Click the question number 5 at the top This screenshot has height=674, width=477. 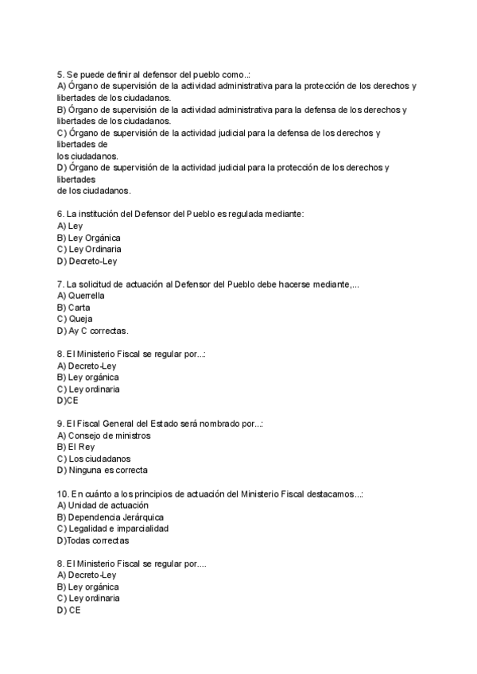pyautogui.click(x=60, y=74)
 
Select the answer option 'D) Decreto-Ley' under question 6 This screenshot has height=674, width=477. pyautogui.click(x=87, y=261)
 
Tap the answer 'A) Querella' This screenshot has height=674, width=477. pyautogui.click(x=81, y=296)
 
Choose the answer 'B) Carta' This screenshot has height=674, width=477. pyautogui.click(x=74, y=307)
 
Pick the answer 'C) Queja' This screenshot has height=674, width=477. pyautogui.click(x=76, y=319)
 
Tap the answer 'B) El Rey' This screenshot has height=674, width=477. pyautogui.click(x=76, y=447)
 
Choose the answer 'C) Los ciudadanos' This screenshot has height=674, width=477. pyautogui.click(x=94, y=459)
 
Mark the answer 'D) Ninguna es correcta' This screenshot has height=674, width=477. pyautogui.click(x=103, y=471)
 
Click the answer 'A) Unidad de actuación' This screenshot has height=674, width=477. pyautogui.click(x=103, y=505)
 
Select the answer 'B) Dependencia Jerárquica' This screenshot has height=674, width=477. pyautogui.click(x=111, y=517)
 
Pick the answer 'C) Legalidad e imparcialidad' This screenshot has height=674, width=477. pyautogui.click(x=112, y=529)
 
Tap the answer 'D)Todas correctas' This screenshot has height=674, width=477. pyautogui.click(x=93, y=540)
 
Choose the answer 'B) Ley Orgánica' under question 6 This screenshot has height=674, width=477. pyautogui.click(x=89, y=238)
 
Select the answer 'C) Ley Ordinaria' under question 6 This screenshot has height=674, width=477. pyautogui.click(x=89, y=249)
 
